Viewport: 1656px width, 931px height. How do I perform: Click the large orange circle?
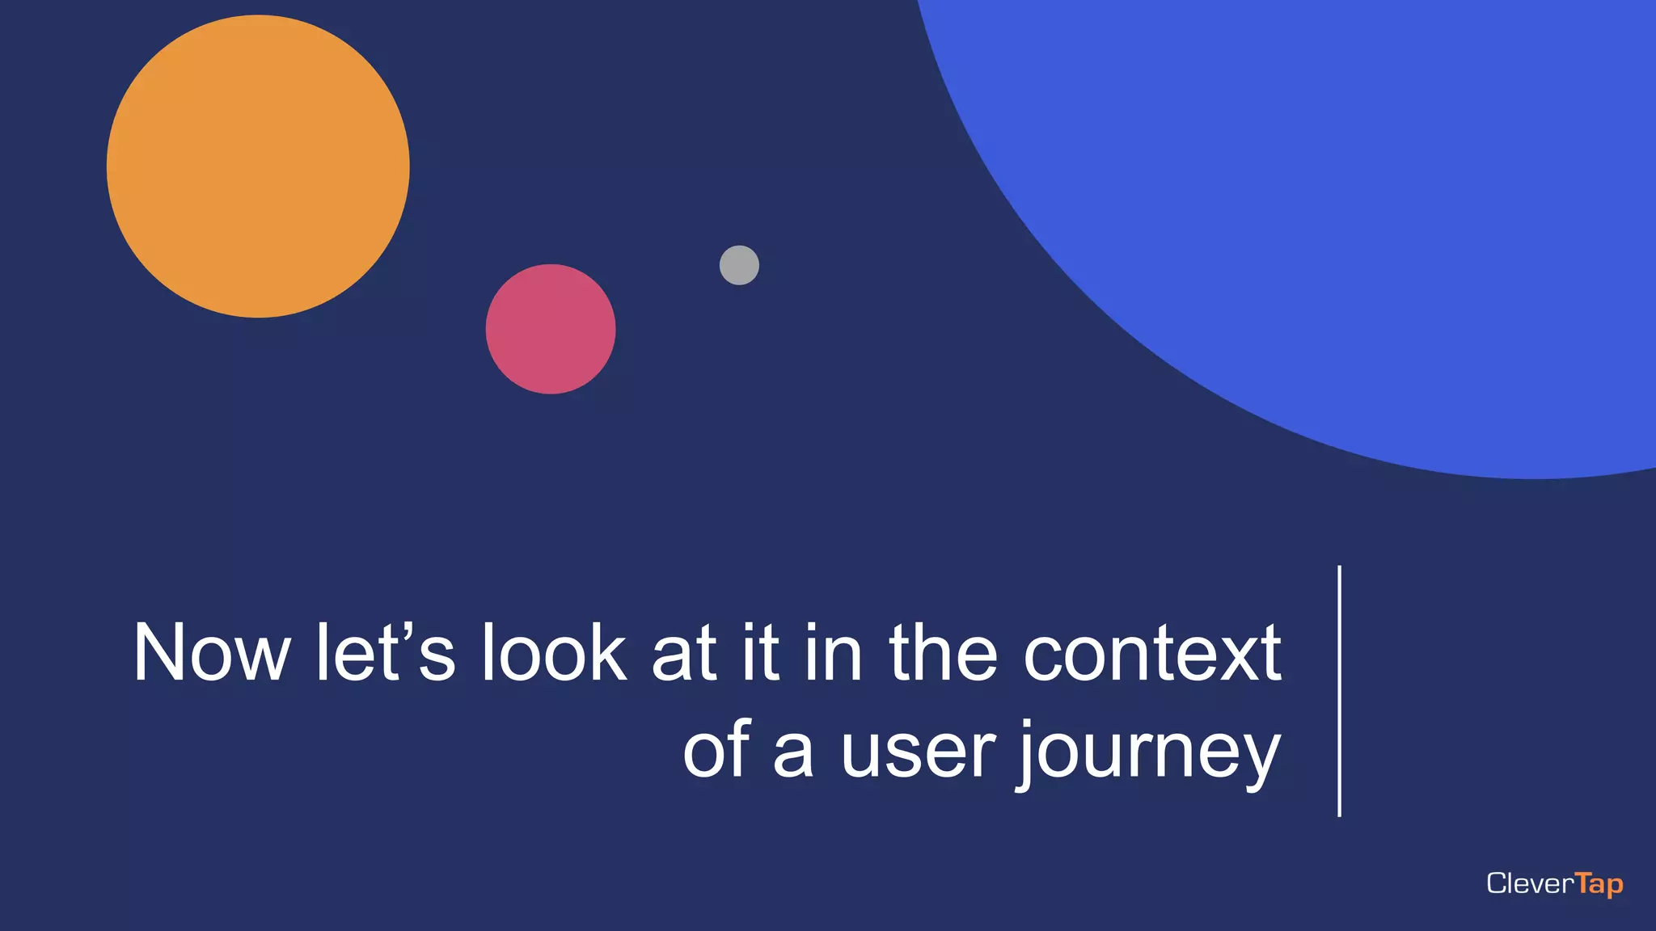click(x=258, y=166)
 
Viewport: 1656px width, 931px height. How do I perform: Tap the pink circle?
click(x=551, y=329)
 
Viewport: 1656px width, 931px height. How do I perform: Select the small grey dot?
click(x=739, y=265)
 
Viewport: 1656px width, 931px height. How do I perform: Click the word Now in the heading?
click(x=212, y=653)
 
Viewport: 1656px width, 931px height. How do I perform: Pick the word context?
click(x=1152, y=653)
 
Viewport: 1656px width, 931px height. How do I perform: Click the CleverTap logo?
click(x=1554, y=883)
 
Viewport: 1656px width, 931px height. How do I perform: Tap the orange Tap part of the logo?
click(x=1599, y=884)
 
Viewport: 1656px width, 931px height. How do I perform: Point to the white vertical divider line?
click(x=1340, y=691)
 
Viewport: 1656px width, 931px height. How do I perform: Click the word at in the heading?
click(x=684, y=653)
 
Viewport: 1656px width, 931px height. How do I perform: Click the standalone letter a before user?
click(x=792, y=755)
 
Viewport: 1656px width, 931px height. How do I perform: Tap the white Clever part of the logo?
click(x=1530, y=883)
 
